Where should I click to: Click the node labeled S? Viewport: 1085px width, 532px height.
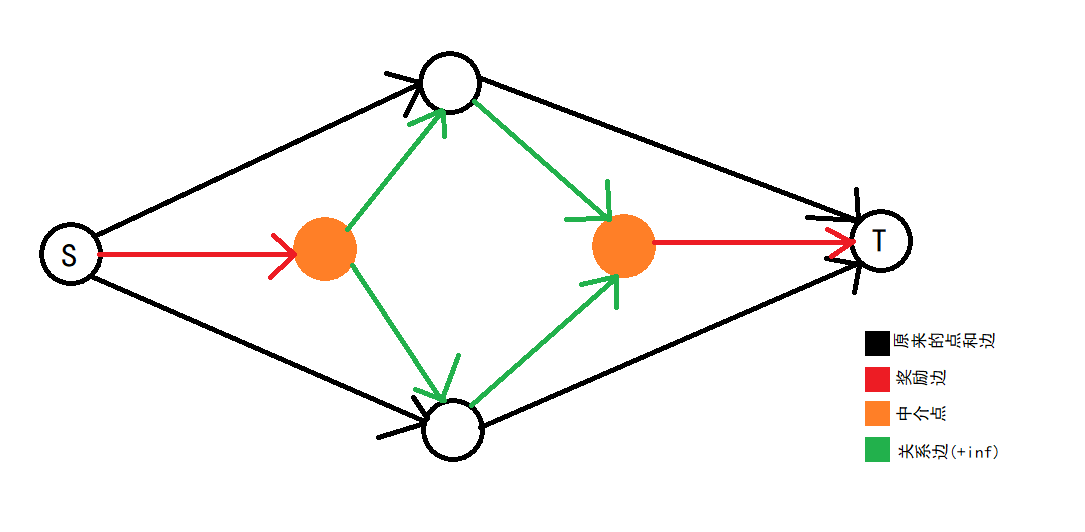(x=70, y=254)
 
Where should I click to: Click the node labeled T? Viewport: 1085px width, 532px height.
(x=881, y=240)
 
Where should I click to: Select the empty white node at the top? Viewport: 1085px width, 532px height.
(x=450, y=81)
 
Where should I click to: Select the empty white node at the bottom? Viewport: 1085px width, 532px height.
(x=453, y=430)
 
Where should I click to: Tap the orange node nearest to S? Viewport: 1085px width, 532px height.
(x=325, y=248)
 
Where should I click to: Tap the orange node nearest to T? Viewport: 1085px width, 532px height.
(x=623, y=244)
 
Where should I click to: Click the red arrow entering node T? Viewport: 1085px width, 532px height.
(x=750, y=242)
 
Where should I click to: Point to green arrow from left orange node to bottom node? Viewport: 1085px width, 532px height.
(x=395, y=330)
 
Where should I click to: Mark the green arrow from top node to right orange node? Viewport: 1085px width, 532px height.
(x=540, y=160)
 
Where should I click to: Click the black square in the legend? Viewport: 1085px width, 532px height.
(x=877, y=343)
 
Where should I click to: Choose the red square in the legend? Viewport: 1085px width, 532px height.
(x=877, y=380)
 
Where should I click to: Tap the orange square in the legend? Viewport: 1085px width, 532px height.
(x=877, y=414)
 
